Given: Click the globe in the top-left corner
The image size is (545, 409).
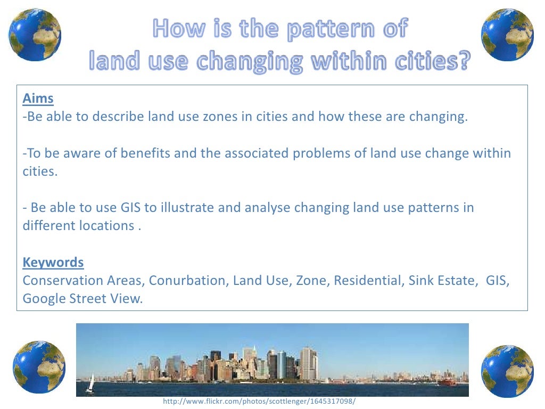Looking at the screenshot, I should (35, 35).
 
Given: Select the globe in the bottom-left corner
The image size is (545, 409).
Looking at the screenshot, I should (39, 367).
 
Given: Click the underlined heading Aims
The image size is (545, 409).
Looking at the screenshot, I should (38, 99).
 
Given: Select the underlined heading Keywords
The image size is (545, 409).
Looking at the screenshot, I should (53, 262).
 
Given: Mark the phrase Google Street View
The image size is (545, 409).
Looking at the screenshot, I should (82, 298).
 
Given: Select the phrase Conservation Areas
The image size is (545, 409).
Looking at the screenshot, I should (83, 280).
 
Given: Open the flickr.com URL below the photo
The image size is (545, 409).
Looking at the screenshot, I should (259, 402).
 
